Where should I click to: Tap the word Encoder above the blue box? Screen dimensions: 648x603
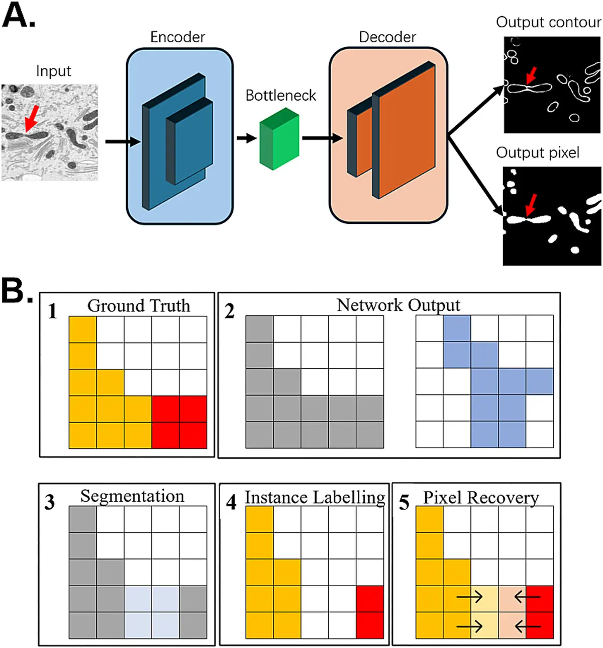click(x=178, y=37)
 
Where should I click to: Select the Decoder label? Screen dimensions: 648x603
click(x=387, y=37)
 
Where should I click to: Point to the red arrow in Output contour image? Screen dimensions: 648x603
click(x=531, y=76)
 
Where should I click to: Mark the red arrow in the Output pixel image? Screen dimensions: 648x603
click(x=530, y=205)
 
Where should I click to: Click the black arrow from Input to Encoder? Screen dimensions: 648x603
click(x=122, y=142)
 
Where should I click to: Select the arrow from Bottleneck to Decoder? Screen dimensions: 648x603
click(x=322, y=138)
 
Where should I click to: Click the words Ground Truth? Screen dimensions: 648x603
click(x=139, y=305)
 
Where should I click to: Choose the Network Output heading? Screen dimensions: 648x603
click(x=398, y=304)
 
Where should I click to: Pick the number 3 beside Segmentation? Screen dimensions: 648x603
click(x=50, y=502)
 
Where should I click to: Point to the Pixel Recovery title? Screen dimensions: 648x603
click(x=481, y=498)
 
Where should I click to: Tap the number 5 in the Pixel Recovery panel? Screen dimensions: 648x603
click(x=404, y=503)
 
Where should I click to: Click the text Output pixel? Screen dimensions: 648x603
click(x=538, y=152)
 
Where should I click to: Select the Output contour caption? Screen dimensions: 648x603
click(x=548, y=22)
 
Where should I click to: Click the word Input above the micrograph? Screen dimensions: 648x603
click(x=53, y=71)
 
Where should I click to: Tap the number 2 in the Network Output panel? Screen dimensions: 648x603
click(x=230, y=311)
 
